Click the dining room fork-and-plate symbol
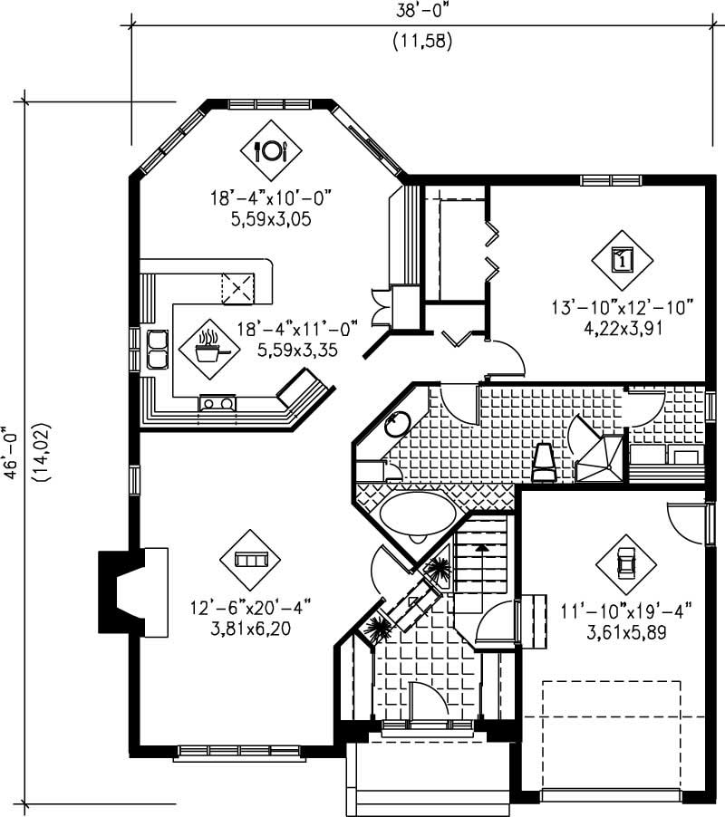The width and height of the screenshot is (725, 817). (x=270, y=149)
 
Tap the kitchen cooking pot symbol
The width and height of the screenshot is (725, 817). (x=209, y=347)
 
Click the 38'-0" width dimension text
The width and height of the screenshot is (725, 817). (x=421, y=11)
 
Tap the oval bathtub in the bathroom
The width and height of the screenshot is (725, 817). (x=416, y=515)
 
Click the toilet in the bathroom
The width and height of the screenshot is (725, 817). (x=544, y=459)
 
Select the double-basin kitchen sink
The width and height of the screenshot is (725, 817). (x=158, y=349)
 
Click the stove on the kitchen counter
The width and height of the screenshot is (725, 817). (x=218, y=403)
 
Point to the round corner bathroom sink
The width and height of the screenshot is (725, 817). (x=396, y=424)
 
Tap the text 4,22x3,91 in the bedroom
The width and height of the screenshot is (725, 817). (x=623, y=328)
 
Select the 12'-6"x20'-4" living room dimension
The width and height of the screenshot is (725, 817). (x=250, y=606)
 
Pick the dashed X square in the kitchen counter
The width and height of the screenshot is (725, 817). (x=239, y=288)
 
